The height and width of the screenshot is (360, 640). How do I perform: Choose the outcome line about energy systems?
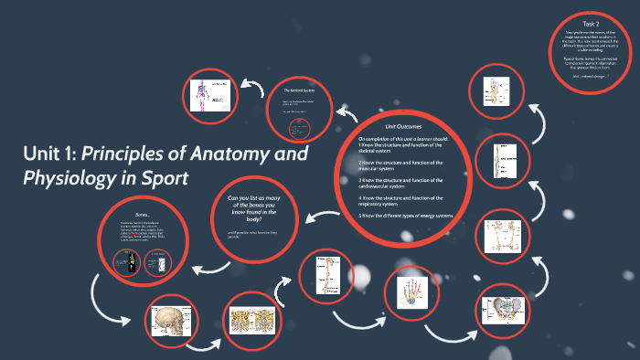pos(406,216)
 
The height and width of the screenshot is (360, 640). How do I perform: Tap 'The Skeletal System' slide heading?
pos(300,91)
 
